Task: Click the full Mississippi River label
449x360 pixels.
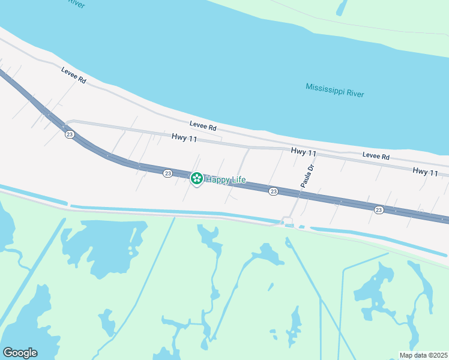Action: (x=334, y=90)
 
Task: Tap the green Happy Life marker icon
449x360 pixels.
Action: (x=196, y=178)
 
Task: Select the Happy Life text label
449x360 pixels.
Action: (x=226, y=179)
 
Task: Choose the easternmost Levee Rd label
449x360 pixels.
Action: (x=376, y=157)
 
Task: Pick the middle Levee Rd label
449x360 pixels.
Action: (x=202, y=127)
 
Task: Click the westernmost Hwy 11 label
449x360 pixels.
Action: (x=184, y=137)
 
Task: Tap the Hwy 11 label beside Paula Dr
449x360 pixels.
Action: (x=304, y=152)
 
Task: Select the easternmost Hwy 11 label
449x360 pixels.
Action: (x=426, y=172)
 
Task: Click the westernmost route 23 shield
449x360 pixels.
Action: (x=70, y=134)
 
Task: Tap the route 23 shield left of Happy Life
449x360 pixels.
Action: (x=167, y=173)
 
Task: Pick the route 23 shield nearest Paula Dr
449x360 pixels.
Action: (x=273, y=191)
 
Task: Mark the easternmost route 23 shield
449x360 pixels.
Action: (x=379, y=209)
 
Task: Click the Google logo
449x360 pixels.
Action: (x=20, y=353)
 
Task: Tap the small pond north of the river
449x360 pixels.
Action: (x=341, y=7)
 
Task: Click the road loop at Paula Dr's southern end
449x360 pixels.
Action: (x=288, y=221)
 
